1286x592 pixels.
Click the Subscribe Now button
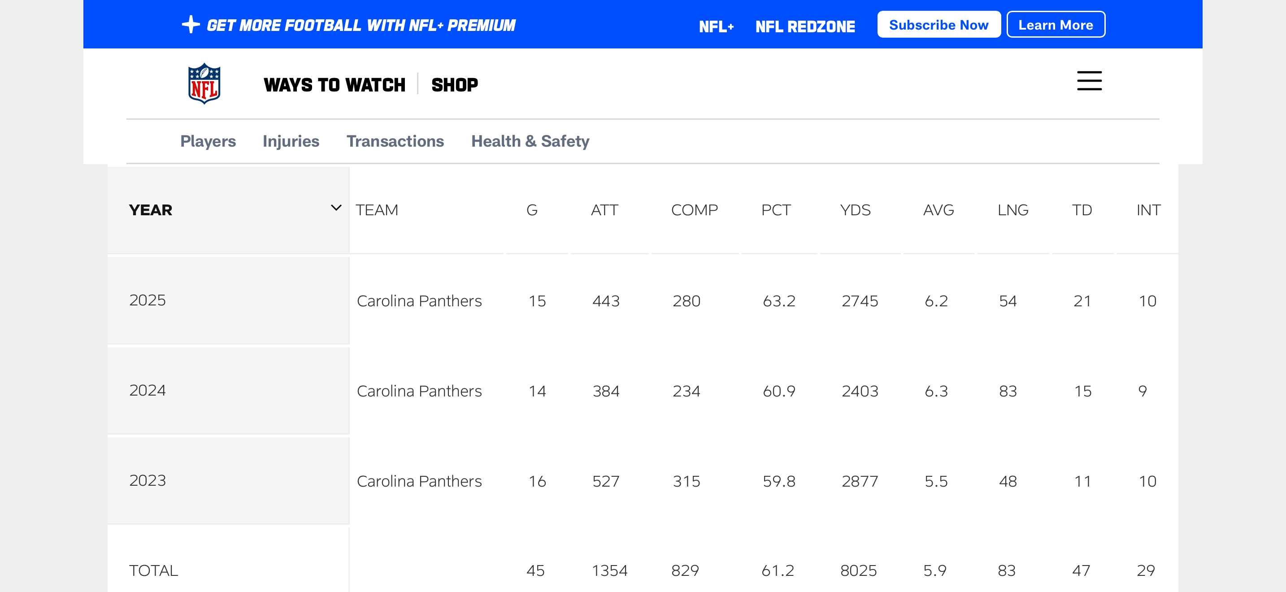(x=938, y=25)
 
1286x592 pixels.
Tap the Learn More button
(x=1056, y=25)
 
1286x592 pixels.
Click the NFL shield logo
(x=204, y=83)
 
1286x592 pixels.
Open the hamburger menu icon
(x=1089, y=81)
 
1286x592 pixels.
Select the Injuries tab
(x=291, y=141)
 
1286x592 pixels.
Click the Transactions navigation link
(x=395, y=141)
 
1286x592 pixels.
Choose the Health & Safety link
(x=530, y=141)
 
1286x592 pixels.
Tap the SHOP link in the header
(x=454, y=85)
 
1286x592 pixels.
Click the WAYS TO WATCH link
(x=335, y=85)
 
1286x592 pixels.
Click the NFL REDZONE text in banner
(x=805, y=26)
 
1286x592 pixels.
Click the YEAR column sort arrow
(x=336, y=208)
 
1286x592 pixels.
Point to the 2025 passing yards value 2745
(x=859, y=301)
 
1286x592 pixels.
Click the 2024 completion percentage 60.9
(x=779, y=391)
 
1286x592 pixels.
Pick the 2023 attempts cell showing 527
(x=605, y=481)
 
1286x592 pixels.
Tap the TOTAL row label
(x=153, y=570)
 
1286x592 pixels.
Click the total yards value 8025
(x=858, y=570)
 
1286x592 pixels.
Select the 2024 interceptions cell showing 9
(x=1142, y=391)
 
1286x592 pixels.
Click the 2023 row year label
(x=147, y=480)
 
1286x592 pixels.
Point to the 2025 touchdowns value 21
(x=1082, y=301)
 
